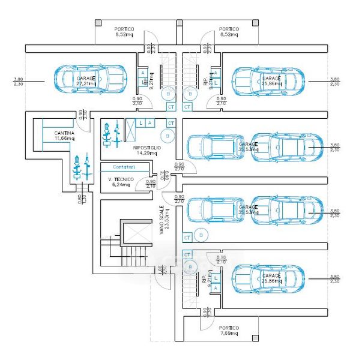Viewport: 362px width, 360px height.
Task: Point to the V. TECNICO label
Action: click(121, 180)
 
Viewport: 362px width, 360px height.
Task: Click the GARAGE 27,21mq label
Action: click(87, 78)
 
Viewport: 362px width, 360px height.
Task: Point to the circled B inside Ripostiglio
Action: click(170, 136)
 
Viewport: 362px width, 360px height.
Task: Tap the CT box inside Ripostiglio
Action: click(170, 123)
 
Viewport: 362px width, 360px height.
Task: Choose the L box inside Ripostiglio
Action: click(140, 123)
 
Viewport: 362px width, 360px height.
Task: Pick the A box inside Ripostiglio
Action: click(149, 123)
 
